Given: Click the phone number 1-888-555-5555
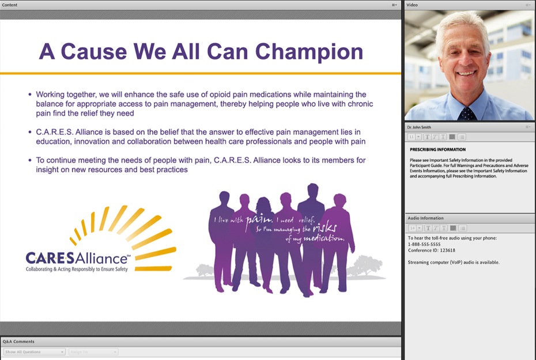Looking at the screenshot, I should click(x=424, y=244).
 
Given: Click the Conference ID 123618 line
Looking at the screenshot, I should click(x=432, y=251).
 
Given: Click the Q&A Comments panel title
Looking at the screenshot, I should click(x=18, y=342).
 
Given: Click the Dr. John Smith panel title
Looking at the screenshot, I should click(x=419, y=127).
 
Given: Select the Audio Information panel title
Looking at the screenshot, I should click(x=425, y=218).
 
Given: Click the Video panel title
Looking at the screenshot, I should click(x=412, y=5).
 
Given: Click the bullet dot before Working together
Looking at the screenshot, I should click(x=31, y=94).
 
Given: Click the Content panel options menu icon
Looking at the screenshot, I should click(x=394, y=5).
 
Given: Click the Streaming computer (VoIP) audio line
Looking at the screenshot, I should click(x=454, y=262).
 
